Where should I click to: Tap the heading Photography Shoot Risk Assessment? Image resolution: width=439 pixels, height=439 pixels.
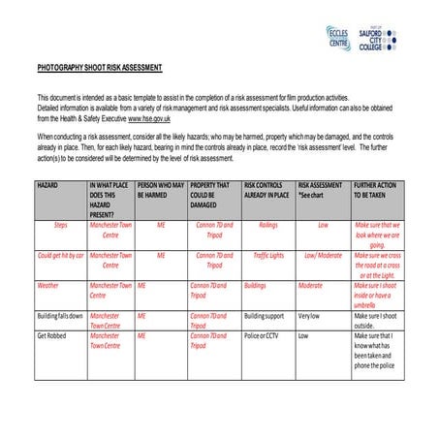click(100, 68)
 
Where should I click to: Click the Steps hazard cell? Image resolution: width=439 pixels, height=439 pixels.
click(60, 223)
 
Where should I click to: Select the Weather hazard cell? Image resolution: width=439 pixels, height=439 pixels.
click(48, 286)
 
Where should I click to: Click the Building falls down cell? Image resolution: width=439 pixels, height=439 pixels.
click(59, 316)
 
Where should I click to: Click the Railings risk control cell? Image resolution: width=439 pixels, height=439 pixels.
click(267, 223)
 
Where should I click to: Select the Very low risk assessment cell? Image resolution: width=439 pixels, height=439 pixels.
click(309, 316)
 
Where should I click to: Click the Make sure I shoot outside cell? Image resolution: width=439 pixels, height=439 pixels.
click(377, 321)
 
